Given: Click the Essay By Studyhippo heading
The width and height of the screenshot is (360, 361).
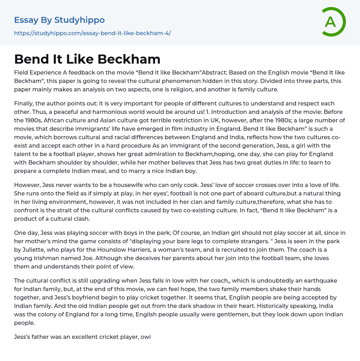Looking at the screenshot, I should (59, 20).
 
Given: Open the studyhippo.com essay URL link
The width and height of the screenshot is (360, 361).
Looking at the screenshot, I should (92, 33).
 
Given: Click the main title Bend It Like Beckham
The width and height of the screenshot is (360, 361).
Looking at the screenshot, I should (87, 59).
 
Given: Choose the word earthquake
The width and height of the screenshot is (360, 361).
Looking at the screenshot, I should (306, 281).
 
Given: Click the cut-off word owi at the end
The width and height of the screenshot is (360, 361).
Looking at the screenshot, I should (146, 337).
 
